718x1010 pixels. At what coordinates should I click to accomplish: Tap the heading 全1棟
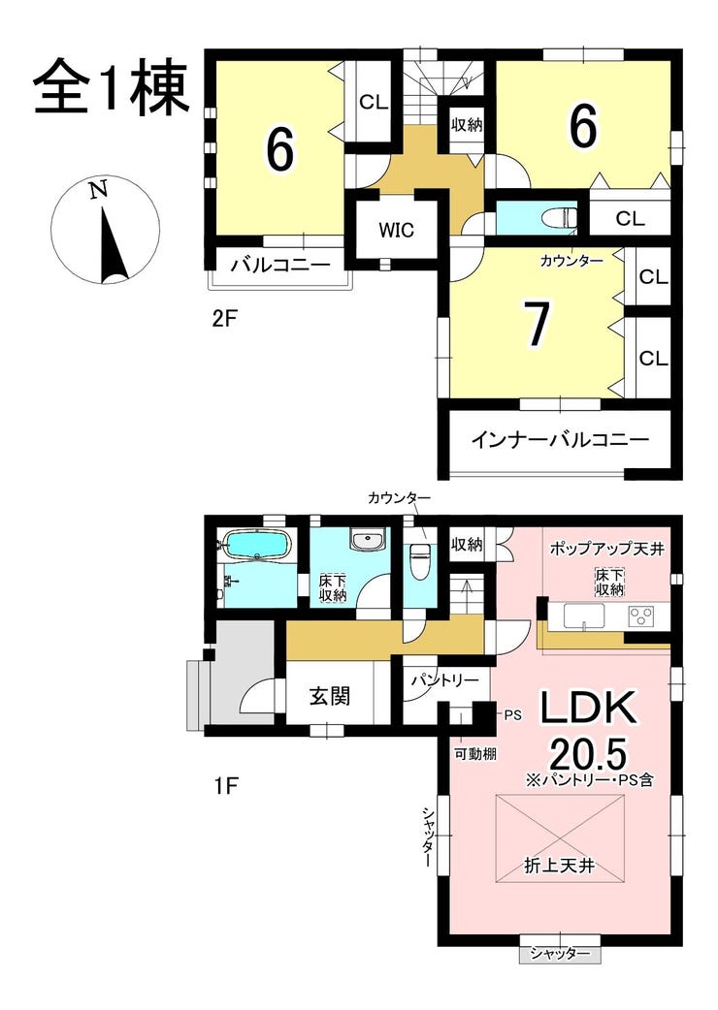pos(112,90)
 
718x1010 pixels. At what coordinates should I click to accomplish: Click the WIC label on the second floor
pos(396,230)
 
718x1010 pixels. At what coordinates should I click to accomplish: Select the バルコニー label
pos(281,265)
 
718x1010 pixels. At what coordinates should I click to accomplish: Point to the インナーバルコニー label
pos(560,440)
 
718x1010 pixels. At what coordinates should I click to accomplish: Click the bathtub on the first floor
pos(257,546)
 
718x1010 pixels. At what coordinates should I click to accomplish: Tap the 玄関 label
pos(329,696)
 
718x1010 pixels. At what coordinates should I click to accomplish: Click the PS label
pos(512,714)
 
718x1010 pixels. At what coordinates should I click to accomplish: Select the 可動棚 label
pos(475,754)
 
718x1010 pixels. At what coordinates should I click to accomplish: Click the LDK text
pos(587,709)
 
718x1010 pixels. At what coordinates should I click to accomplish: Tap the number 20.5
pos(588,752)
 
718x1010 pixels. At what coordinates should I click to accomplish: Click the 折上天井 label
pos(559,866)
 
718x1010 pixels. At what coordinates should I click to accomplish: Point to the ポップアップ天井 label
pos(606,549)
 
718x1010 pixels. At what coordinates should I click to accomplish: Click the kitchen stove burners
pos(641,615)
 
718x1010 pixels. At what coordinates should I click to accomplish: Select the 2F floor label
pos(225,319)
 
